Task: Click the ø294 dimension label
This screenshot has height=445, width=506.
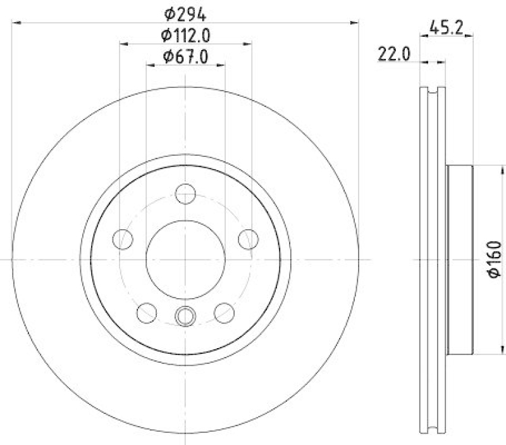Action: [x=185, y=13]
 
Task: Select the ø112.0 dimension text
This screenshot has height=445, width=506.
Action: [x=185, y=34]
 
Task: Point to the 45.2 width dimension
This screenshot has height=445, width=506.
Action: [x=447, y=27]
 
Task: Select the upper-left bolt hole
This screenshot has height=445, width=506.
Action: [x=122, y=239]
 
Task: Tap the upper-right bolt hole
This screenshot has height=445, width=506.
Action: [x=249, y=239]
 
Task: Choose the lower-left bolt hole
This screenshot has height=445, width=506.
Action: [x=147, y=312]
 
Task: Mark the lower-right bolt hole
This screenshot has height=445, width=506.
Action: [x=224, y=312]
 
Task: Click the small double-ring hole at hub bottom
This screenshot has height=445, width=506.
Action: [x=185, y=315]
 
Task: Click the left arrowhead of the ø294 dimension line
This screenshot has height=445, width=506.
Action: [x=16, y=23]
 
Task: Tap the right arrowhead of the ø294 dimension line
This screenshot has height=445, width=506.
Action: [x=355, y=23]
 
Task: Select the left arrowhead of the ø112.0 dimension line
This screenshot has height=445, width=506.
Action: [x=124, y=44]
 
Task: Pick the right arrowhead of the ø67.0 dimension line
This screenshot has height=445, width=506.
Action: [x=221, y=64]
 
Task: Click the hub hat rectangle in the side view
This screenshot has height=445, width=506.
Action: [x=460, y=260]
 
